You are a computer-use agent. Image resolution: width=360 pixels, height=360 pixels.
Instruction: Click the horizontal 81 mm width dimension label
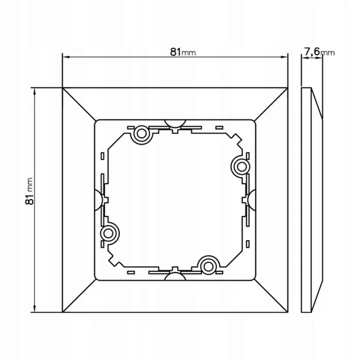click(183, 53)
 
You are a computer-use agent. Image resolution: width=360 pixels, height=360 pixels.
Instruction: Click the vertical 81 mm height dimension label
click(30, 191)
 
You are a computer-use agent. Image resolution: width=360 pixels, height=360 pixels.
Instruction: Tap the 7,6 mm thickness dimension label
click(319, 52)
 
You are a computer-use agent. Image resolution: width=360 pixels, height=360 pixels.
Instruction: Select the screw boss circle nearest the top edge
click(142, 133)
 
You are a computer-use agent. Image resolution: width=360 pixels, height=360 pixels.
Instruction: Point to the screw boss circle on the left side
click(108, 234)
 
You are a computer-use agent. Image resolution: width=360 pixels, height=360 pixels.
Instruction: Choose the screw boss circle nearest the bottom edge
click(208, 267)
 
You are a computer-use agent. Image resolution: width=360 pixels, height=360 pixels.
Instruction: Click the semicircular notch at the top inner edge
click(175, 123)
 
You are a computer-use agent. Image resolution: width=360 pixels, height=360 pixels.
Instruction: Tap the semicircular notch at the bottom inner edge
click(175, 276)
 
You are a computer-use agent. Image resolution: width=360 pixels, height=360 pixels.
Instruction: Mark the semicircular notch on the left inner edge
click(99, 200)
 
